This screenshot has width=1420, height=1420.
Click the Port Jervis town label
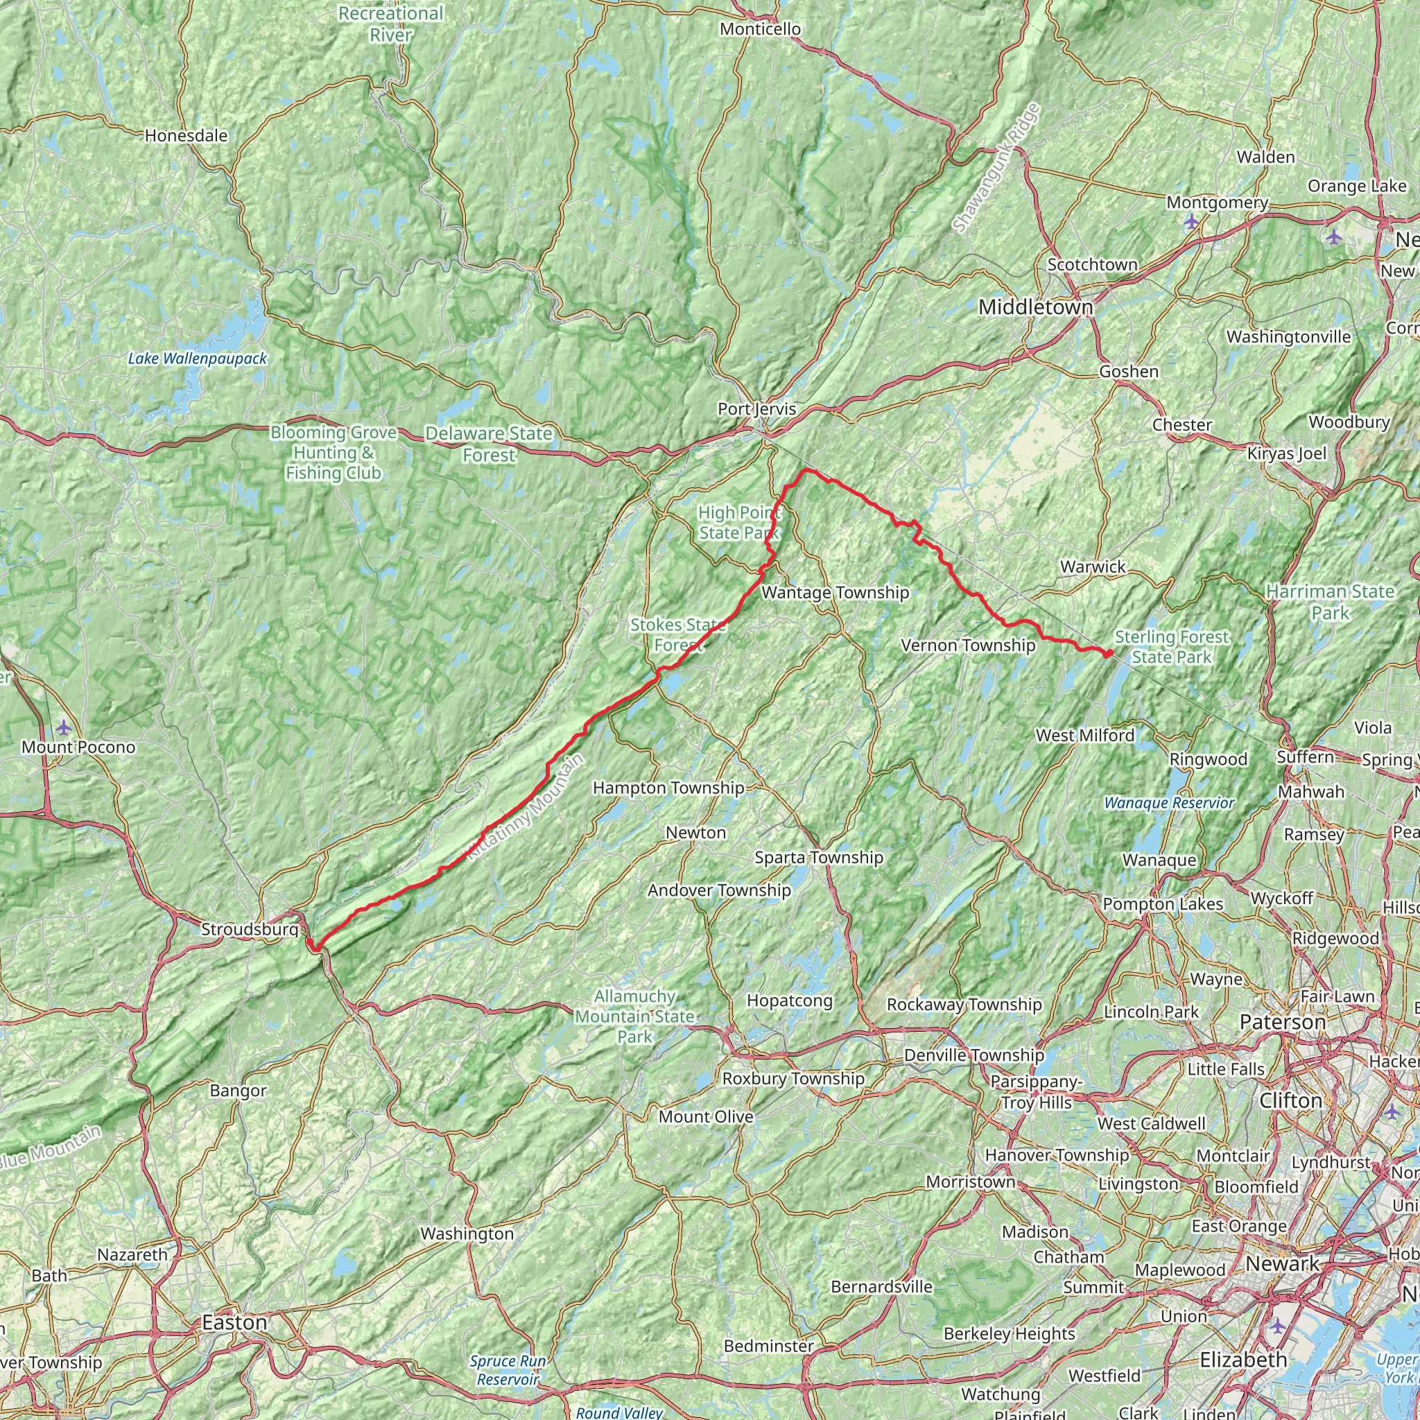coord(756,408)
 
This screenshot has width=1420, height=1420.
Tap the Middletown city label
coord(1036,307)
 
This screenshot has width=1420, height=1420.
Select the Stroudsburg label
coord(250,930)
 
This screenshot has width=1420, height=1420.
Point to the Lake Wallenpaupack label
coord(197,358)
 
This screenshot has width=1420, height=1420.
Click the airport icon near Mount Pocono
coord(64,727)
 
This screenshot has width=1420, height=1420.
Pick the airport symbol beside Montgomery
coord(1191,220)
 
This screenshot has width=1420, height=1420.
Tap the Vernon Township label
coord(968,646)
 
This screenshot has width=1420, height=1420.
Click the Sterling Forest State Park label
coord(1172,647)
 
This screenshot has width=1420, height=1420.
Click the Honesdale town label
coord(186,135)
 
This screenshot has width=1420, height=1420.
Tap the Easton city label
coord(234,1323)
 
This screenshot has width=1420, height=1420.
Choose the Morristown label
coord(970,1182)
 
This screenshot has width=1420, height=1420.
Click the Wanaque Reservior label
coord(1168,803)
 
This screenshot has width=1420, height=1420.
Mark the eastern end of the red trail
coord(1109,652)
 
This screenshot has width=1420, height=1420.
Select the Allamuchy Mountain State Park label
coord(635,1016)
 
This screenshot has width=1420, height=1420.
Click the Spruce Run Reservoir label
coord(507,1370)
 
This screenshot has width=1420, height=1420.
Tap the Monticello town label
coord(760,28)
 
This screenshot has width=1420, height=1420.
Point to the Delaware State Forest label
coord(489,444)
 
